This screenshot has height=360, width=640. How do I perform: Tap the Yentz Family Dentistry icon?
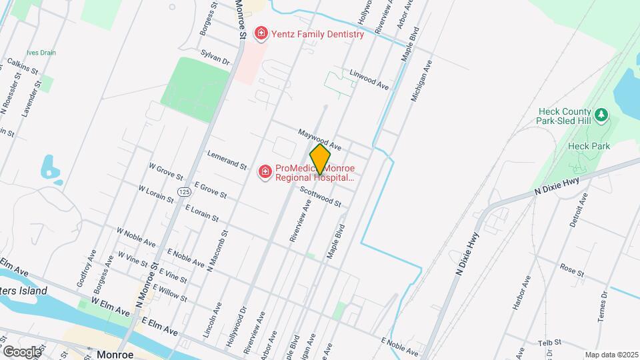point(261,33)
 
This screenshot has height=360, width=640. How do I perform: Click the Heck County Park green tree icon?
point(601,115)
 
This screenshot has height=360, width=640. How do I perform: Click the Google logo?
point(22,351)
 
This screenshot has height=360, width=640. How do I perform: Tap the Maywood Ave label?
point(319,139)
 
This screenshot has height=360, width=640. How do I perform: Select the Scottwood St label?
point(320,196)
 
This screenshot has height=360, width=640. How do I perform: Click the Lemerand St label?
point(227,159)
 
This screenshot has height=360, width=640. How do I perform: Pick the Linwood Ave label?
point(369,79)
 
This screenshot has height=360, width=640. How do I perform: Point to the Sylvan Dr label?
point(215,56)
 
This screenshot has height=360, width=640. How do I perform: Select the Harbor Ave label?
point(520,292)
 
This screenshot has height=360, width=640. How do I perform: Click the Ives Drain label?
point(41,53)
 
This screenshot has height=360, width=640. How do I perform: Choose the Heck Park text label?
point(585,146)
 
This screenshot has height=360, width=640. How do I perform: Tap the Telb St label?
point(551,343)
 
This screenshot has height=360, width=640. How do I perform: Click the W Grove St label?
point(165,171)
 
